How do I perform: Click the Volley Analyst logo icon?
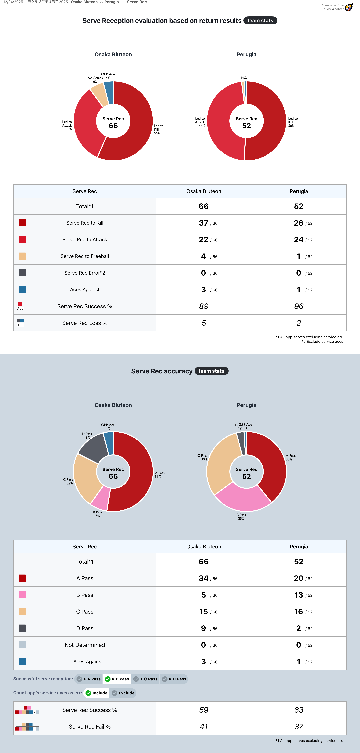tap(349, 7)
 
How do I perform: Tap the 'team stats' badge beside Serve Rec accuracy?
tap(211, 371)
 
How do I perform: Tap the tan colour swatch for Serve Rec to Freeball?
tap(22, 256)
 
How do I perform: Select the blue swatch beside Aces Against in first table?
tap(22, 290)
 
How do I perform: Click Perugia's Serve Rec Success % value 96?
tap(299, 306)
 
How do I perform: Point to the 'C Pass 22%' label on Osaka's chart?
tap(68, 481)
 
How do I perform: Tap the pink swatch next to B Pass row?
tap(22, 595)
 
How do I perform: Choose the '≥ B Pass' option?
tap(117, 679)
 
